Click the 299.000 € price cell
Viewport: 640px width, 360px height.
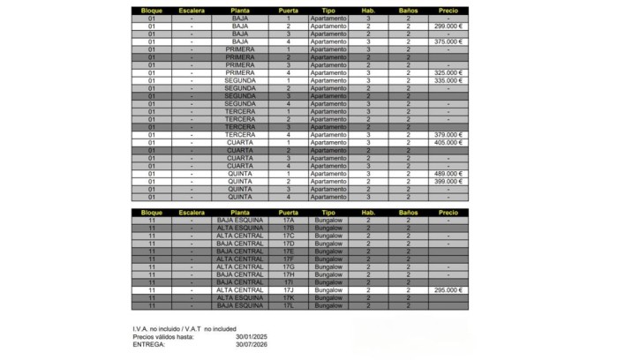[x=448, y=26]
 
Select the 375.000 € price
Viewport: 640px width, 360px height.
[x=448, y=41]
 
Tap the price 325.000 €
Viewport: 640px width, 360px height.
[x=448, y=72]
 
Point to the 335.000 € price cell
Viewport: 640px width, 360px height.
[x=448, y=80]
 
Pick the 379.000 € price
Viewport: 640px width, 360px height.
[x=448, y=134]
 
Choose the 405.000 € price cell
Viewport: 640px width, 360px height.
[x=448, y=142]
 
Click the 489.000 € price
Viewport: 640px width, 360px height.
[x=448, y=174]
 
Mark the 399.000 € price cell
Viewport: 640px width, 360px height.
[x=448, y=181]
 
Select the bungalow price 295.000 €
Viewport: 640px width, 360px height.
[x=448, y=290]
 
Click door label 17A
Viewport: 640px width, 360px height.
[x=288, y=221]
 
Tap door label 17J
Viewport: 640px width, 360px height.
[x=288, y=290]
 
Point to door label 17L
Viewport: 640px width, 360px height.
[x=288, y=305]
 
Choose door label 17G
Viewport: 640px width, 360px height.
[x=288, y=266]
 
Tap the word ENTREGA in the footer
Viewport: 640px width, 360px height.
[x=148, y=344]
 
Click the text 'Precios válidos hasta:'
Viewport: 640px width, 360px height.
[x=162, y=336]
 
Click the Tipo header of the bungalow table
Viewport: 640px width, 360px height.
[x=328, y=213]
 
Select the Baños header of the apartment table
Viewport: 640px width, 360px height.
[x=408, y=10]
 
